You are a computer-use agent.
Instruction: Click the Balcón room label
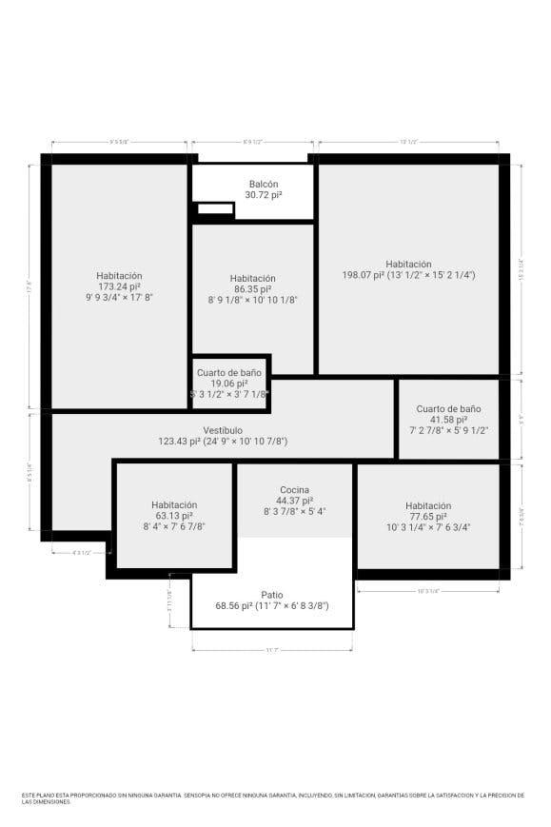tap(264, 184)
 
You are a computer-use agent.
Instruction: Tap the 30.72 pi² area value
tap(264, 195)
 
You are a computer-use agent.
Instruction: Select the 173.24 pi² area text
tap(119, 286)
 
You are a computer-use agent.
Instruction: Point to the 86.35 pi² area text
tap(252, 288)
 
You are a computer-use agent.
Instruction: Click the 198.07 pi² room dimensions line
tap(408, 275)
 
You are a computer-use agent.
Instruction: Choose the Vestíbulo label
tap(223, 430)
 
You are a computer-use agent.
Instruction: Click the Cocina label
tap(294, 489)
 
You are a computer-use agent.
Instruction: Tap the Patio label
tap(272, 595)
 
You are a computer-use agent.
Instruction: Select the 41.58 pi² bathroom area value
tap(448, 420)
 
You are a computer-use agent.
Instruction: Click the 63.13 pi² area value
tap(174, 516)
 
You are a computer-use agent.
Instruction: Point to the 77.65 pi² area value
tap(427, 517)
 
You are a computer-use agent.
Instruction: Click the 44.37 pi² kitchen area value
tap(294, 501)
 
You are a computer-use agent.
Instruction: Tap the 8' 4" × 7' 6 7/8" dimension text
tap(174, 526)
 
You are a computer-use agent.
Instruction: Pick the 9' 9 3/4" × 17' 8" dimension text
tap(119, 297)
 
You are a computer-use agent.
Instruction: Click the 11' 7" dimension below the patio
tap(272, 650)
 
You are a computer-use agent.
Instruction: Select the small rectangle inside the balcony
tap(215, 208)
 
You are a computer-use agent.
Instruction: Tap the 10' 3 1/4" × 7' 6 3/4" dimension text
tap(428, 527)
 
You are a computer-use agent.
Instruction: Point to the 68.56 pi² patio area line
tap(272, 605)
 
